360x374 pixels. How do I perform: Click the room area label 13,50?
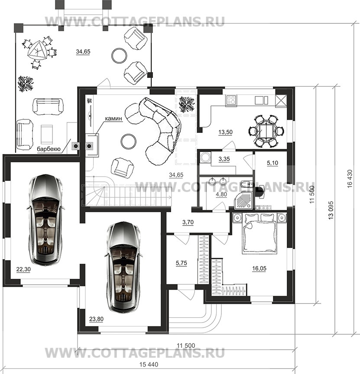point(225,132)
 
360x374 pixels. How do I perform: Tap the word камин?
point(114,118)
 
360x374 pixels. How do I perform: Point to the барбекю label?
point(49,149)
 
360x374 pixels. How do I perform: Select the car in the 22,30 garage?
point(45,220)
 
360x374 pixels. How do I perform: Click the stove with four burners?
point(231,100)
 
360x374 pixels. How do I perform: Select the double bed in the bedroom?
point(259,233)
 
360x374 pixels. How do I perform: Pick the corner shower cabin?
point(243,200)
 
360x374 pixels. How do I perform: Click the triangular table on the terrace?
point(36,51)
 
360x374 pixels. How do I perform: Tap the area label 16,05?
point(259,268)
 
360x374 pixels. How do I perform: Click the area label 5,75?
point(182,263)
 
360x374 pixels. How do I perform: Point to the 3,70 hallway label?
point(188,222)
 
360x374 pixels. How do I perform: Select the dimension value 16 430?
point(350,179)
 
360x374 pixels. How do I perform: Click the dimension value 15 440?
point(149,365)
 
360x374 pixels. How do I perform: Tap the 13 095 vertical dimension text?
point(331,210)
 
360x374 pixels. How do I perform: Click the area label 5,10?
point(272,163)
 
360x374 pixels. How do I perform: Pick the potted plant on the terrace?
point(26,84)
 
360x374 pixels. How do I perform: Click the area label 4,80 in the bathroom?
point(221,194)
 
